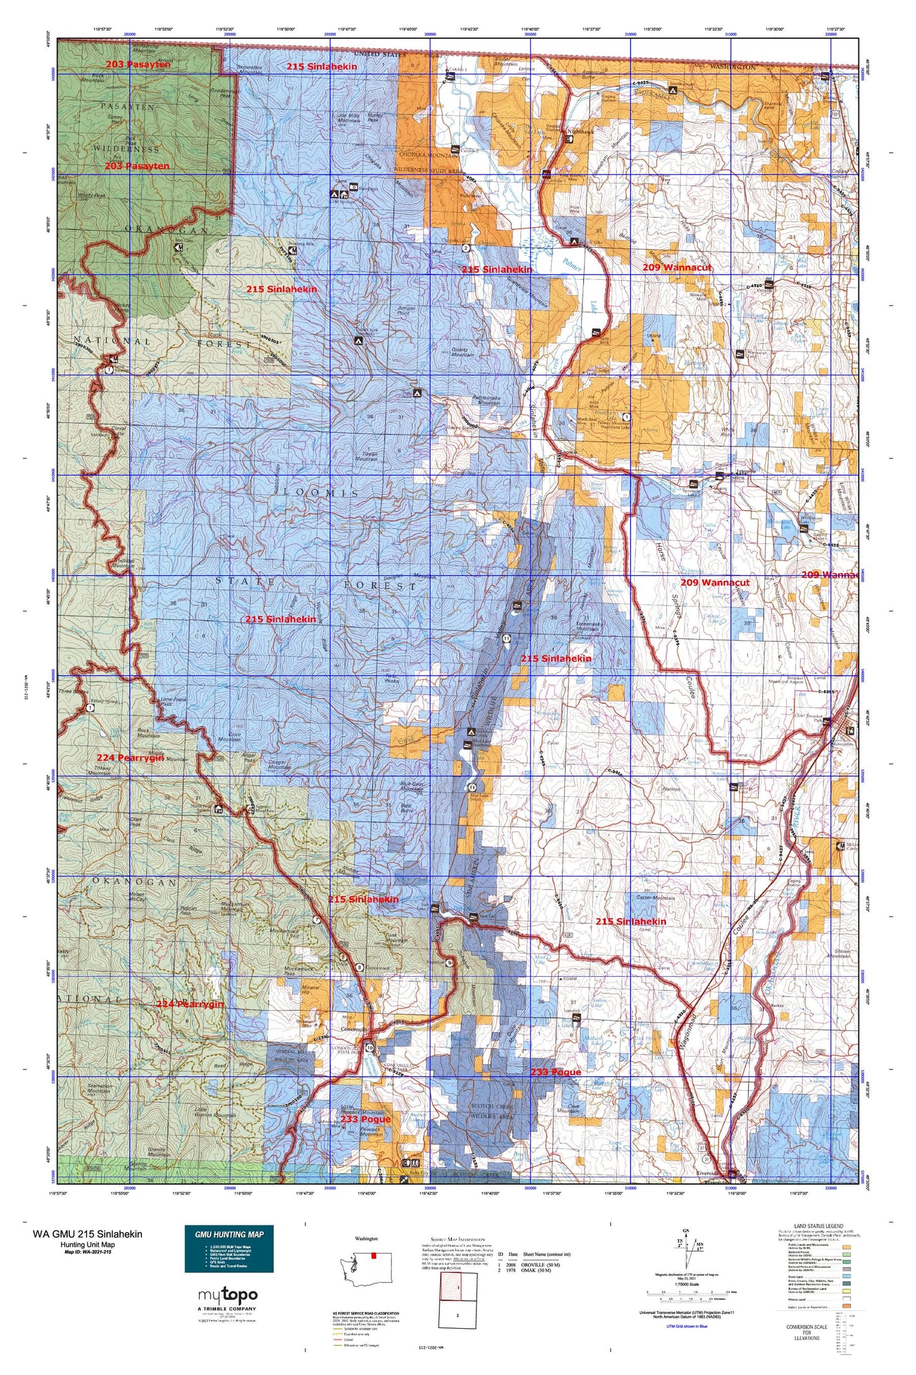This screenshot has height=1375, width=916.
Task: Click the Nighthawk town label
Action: click(581, 131)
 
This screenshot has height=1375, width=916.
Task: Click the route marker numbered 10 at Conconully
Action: click(370, 1046)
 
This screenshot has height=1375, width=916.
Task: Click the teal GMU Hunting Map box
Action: click(229, 1249)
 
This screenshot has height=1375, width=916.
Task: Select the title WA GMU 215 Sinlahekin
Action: click(87, 1234)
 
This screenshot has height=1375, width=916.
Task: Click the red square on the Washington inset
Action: click(374, 1254)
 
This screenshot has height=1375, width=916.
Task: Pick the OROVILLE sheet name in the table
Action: click(537, 1263)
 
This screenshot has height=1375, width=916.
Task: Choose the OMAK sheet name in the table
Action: click(534, 1272)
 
